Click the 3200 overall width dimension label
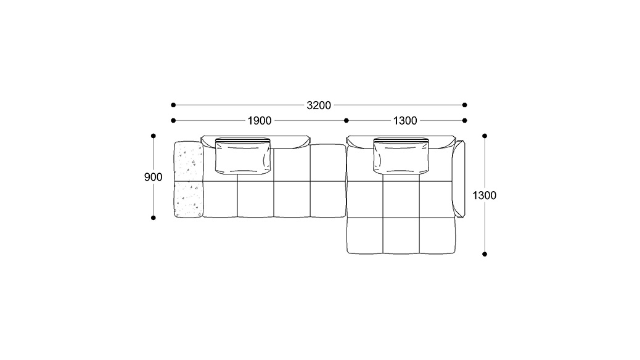pyautogui.click(x=319, y=105)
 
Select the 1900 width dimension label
pyautogui.click(x=260, y=121)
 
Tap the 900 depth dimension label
pyautogui.click(x=153, y=177)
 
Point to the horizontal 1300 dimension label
pyautogui.click(x=405, y=121)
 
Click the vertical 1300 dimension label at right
pyautogui.click(x=485, y=195)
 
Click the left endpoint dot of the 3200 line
pyautogui.click(x=173, y=105)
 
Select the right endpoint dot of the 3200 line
pyautogui.click(x=464, y=105)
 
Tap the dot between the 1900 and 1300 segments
pyautogui.click(x=347, y=120)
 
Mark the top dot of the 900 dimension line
pyautogui.click(x=154, y=136)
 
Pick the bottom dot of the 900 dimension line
pyautogui.click(x=154, y=218)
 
